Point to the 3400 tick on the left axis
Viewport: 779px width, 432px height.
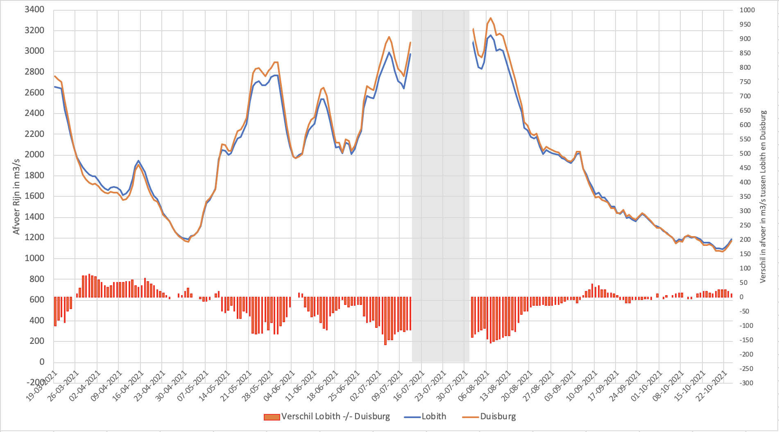point(34,9)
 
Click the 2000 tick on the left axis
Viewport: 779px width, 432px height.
point(34,155)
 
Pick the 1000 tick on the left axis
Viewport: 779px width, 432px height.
point(34,258)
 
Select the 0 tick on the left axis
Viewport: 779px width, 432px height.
point(41,362)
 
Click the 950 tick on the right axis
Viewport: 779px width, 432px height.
point(745,25)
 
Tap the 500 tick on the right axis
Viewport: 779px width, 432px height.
point(745,154)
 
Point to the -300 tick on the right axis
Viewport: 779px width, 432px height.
point(746,383)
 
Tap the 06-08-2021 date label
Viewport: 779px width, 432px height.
point(475,387)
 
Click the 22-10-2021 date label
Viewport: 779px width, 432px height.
point(713,387)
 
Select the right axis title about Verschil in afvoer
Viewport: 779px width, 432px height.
point(763,196)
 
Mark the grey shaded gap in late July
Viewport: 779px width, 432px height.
point(440,184)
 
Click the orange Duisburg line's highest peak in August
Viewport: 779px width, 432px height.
point(491,18)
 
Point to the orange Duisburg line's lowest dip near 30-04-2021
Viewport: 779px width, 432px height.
point(188,242)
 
